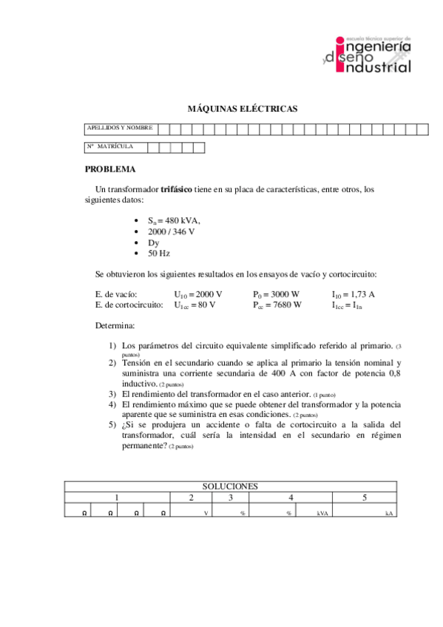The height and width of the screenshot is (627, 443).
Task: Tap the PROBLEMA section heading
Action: pos(111,169)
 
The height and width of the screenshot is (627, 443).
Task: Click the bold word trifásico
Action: pos(176,189)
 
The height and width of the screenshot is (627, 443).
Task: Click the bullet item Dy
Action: pos(153,243)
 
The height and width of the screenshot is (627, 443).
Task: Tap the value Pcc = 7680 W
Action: pos(277,305)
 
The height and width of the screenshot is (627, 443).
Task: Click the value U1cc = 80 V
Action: pos(195,305)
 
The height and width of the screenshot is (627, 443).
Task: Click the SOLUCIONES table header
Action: pos(230,486)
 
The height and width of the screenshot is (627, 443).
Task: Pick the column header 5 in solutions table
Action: pos(365,498)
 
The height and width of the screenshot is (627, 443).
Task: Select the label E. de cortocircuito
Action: pos(129,305)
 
